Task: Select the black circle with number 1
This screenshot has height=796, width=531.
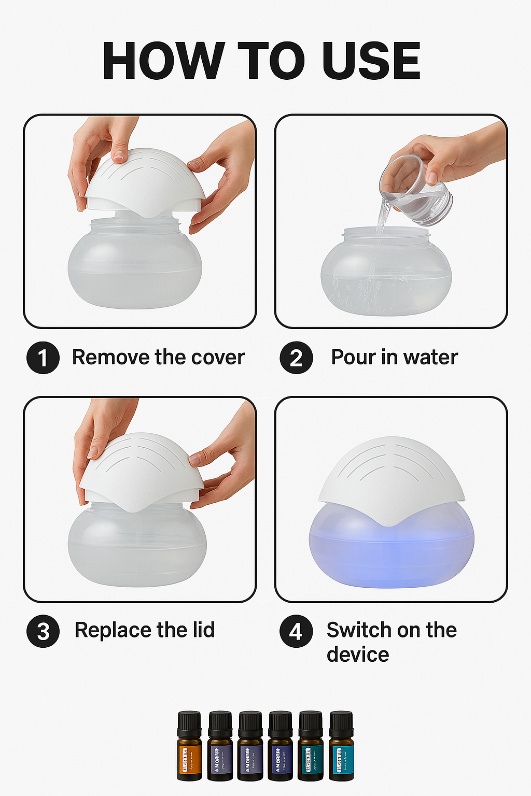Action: coord(43,358)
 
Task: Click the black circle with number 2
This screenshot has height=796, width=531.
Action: coord(296,358)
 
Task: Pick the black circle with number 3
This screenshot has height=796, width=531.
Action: coord(43,631)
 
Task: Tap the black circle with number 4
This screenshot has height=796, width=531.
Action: coord(296,631)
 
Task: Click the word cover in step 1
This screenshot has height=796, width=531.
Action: coord(218,358)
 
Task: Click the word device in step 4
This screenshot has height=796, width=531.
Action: coord(358,655)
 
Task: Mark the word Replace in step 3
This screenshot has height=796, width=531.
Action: coord(113,630)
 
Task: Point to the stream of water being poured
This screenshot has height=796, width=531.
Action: coord(382,220)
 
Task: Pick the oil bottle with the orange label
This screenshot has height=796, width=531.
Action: coord(189,746)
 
